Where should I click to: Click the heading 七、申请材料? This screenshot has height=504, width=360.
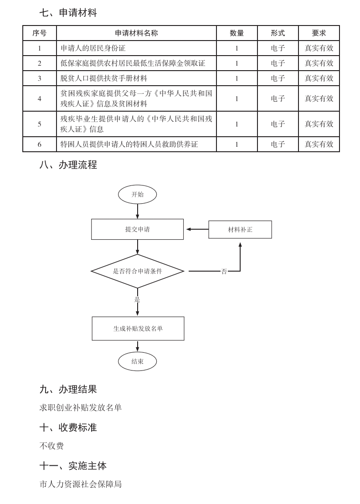coord(68,13)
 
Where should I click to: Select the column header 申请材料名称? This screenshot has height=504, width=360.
coord(136,33)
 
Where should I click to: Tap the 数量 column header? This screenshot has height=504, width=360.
coord(237,33)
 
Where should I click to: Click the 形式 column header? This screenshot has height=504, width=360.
coord(278,33)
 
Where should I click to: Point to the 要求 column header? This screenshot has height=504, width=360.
coord(319,33)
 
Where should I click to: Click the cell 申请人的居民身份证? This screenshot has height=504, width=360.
coord(93,48)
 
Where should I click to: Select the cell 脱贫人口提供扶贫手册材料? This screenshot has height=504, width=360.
coord(104,78)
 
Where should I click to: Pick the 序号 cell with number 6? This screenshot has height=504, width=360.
coord(40,144)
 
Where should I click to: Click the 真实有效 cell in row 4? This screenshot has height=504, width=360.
coord(319,98)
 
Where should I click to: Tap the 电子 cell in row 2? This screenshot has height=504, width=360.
coord(278,63)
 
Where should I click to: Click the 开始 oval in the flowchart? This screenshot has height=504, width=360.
coord(137,195)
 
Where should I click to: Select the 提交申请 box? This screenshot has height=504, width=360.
coord(137,229)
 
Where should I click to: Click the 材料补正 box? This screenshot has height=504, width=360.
coord(240,230)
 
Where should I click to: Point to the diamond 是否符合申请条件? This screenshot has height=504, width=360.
coord(137,271)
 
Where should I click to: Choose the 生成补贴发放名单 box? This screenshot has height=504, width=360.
coord(138,329)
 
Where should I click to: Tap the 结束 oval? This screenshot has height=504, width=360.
coord(137,361)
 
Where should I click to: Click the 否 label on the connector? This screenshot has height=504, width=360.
coord(224,272)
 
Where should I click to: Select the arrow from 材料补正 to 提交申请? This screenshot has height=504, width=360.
coord(196,229)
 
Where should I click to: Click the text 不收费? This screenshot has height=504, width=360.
coord(51,446)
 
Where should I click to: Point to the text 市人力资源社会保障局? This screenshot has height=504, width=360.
coord(81,484)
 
